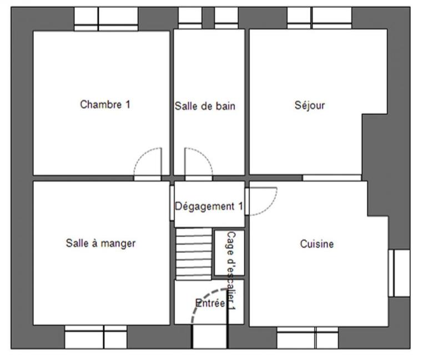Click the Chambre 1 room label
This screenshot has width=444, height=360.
tap(105, 104)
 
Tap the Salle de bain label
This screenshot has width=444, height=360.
tap(205, 106)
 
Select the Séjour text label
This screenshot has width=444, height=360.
tap(309, 105)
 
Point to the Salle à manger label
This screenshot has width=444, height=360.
tap(100, 243)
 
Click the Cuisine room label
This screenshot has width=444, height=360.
tap(317, 244)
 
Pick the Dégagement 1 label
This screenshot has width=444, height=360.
tap(209, 206)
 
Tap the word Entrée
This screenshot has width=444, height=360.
tap(210, 303)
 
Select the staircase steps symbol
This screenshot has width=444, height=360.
tap(194, 253)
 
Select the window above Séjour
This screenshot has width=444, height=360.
tap(319, 17)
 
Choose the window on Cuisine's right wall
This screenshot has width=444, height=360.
tap(398, 272)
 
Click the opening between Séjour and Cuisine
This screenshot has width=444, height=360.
tap(331, 178)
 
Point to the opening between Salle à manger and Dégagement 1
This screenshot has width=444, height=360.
tap(172, 204)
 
